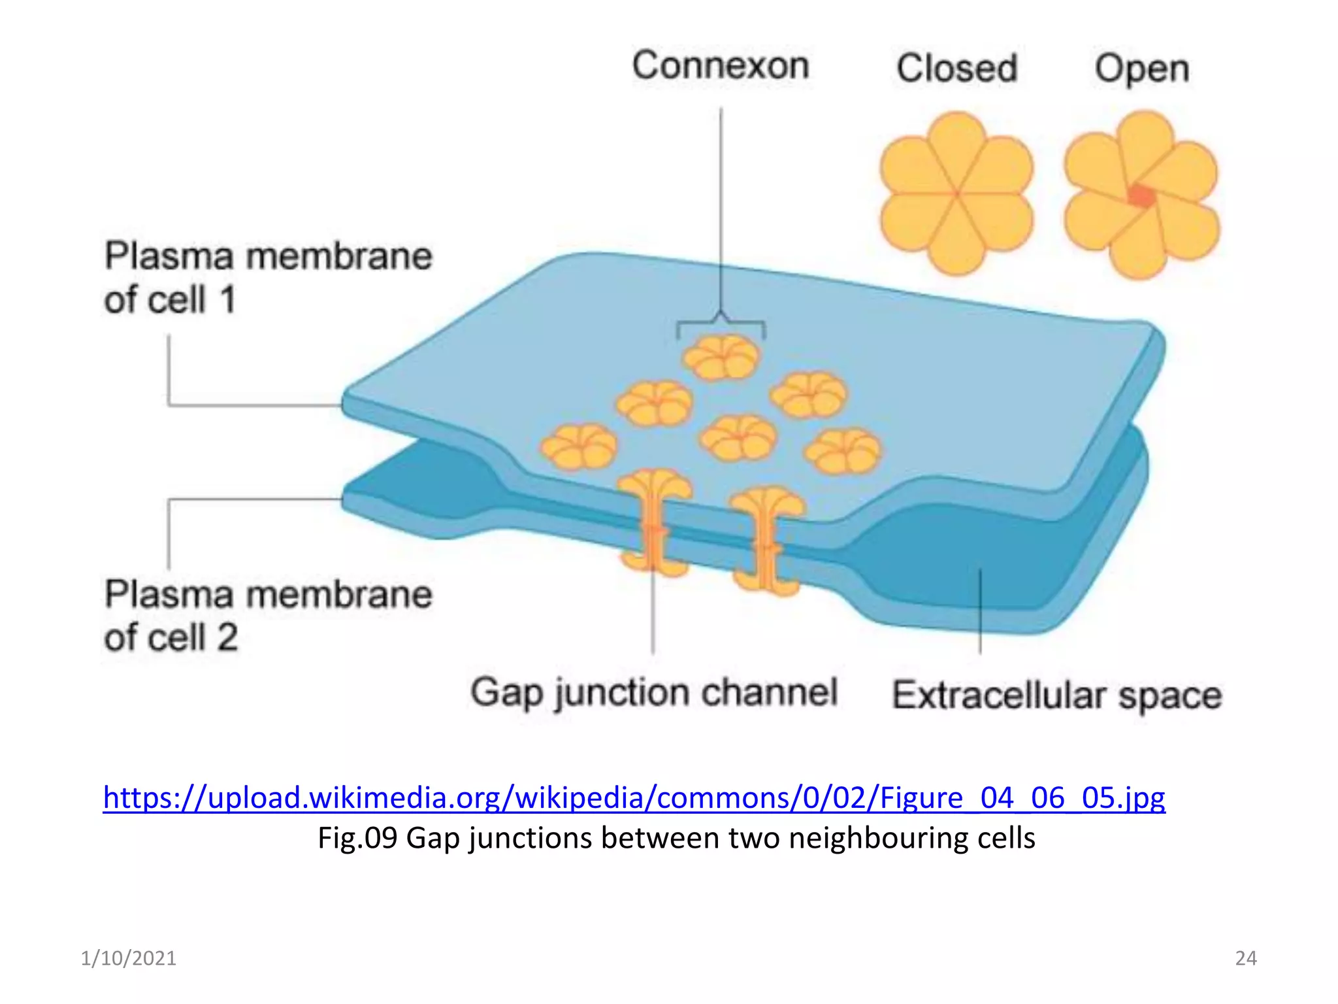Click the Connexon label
click(721, 65)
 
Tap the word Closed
click(957, 68)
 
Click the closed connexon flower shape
click(956, 193)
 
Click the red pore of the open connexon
click(1141, 195)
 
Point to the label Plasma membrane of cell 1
click(268, 278)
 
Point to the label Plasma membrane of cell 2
click(268, 616)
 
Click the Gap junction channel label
click(654, 693)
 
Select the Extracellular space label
click(1057, 695)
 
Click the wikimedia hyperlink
click(634, 798)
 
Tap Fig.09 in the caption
click(357, 839)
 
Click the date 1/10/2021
click(129, 958)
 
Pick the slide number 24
click(1246, 958)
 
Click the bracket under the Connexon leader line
click(721, 324)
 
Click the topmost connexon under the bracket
click(721, 358)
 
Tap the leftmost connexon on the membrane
click(579, 447)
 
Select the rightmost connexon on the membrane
click(843, 451)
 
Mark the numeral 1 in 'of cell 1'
click(227, 300)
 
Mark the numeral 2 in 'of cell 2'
click(227, 637)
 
